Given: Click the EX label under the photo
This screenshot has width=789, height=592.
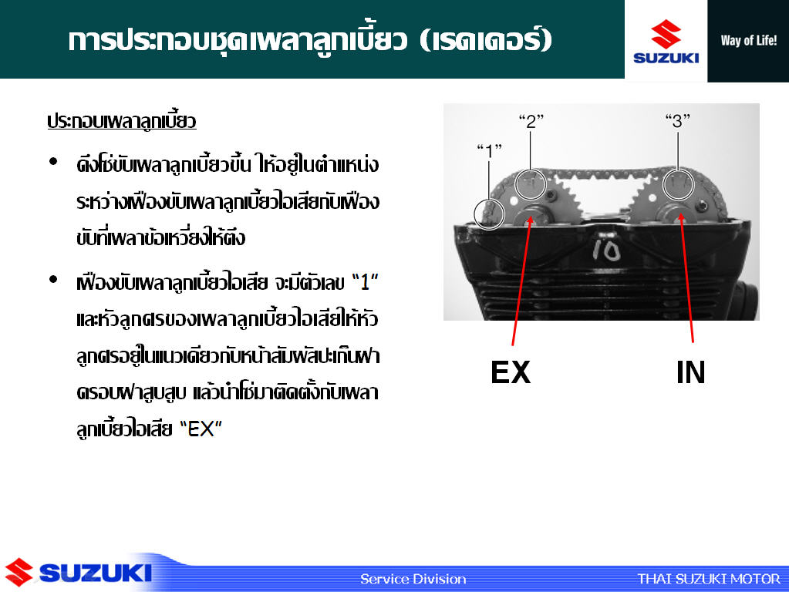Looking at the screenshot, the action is coord(511,372).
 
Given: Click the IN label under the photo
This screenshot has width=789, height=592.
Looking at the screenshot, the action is coord(690,372).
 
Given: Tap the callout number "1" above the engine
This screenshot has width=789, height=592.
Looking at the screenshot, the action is coord(489,150).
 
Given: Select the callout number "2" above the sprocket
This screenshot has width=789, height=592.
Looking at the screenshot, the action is coord(531,121).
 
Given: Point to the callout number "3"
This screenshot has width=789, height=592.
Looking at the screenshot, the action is coord(677,121).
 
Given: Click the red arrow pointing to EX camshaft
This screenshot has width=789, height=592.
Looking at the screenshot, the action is coord(521,280).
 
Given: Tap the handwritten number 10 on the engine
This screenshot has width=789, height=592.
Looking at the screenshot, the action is coord(606,250).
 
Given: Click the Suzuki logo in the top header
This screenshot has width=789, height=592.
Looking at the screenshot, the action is coord(666,42).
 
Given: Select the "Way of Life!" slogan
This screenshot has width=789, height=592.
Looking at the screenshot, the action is coord(748,40).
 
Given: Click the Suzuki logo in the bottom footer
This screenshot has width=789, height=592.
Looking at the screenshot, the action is coord(78,573).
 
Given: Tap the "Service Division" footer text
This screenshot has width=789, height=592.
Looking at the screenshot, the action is coord(413,579).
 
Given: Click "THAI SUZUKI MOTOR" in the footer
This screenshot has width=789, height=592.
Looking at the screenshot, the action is coord(709,579).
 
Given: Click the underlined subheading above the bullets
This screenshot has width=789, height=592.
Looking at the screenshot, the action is coord(122,121).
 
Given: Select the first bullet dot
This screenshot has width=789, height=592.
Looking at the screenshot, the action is coord(53,161).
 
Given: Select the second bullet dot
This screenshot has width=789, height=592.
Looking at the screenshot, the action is coord(53,280).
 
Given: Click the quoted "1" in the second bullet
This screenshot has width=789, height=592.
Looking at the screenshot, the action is coord(365,282).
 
